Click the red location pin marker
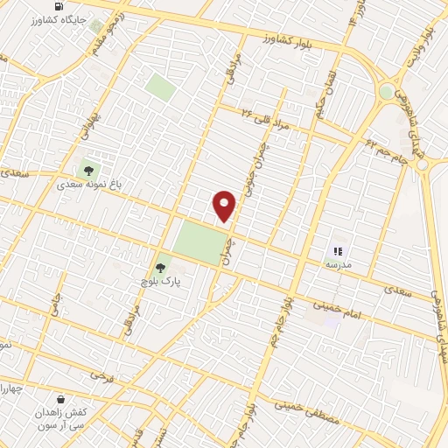[225, 206]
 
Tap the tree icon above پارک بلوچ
[160, 269]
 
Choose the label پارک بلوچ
[157, 283]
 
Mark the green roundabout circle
[386, 90]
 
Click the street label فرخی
[101, 374]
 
